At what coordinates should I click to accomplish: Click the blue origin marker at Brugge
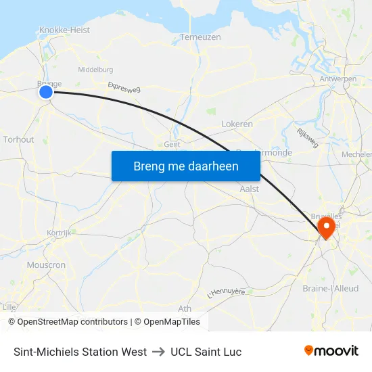[46, 92]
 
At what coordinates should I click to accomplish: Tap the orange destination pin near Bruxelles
[326, 227]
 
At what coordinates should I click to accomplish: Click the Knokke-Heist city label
[64, 30]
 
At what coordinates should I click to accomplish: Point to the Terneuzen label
[200, 37]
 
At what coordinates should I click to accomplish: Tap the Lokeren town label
[237, 124]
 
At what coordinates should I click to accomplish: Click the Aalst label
[250, 189]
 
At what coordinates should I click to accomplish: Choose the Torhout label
[18, 140]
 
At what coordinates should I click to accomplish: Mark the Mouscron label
[45, 265]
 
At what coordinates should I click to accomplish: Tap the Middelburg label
[95, 70]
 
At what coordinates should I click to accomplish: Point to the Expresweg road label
[123, 88]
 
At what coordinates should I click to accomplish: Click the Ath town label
[184, 308]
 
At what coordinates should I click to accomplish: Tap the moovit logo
[331, 351]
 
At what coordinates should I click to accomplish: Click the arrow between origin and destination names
[158, 352]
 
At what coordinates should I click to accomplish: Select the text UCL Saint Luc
[206, 352]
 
